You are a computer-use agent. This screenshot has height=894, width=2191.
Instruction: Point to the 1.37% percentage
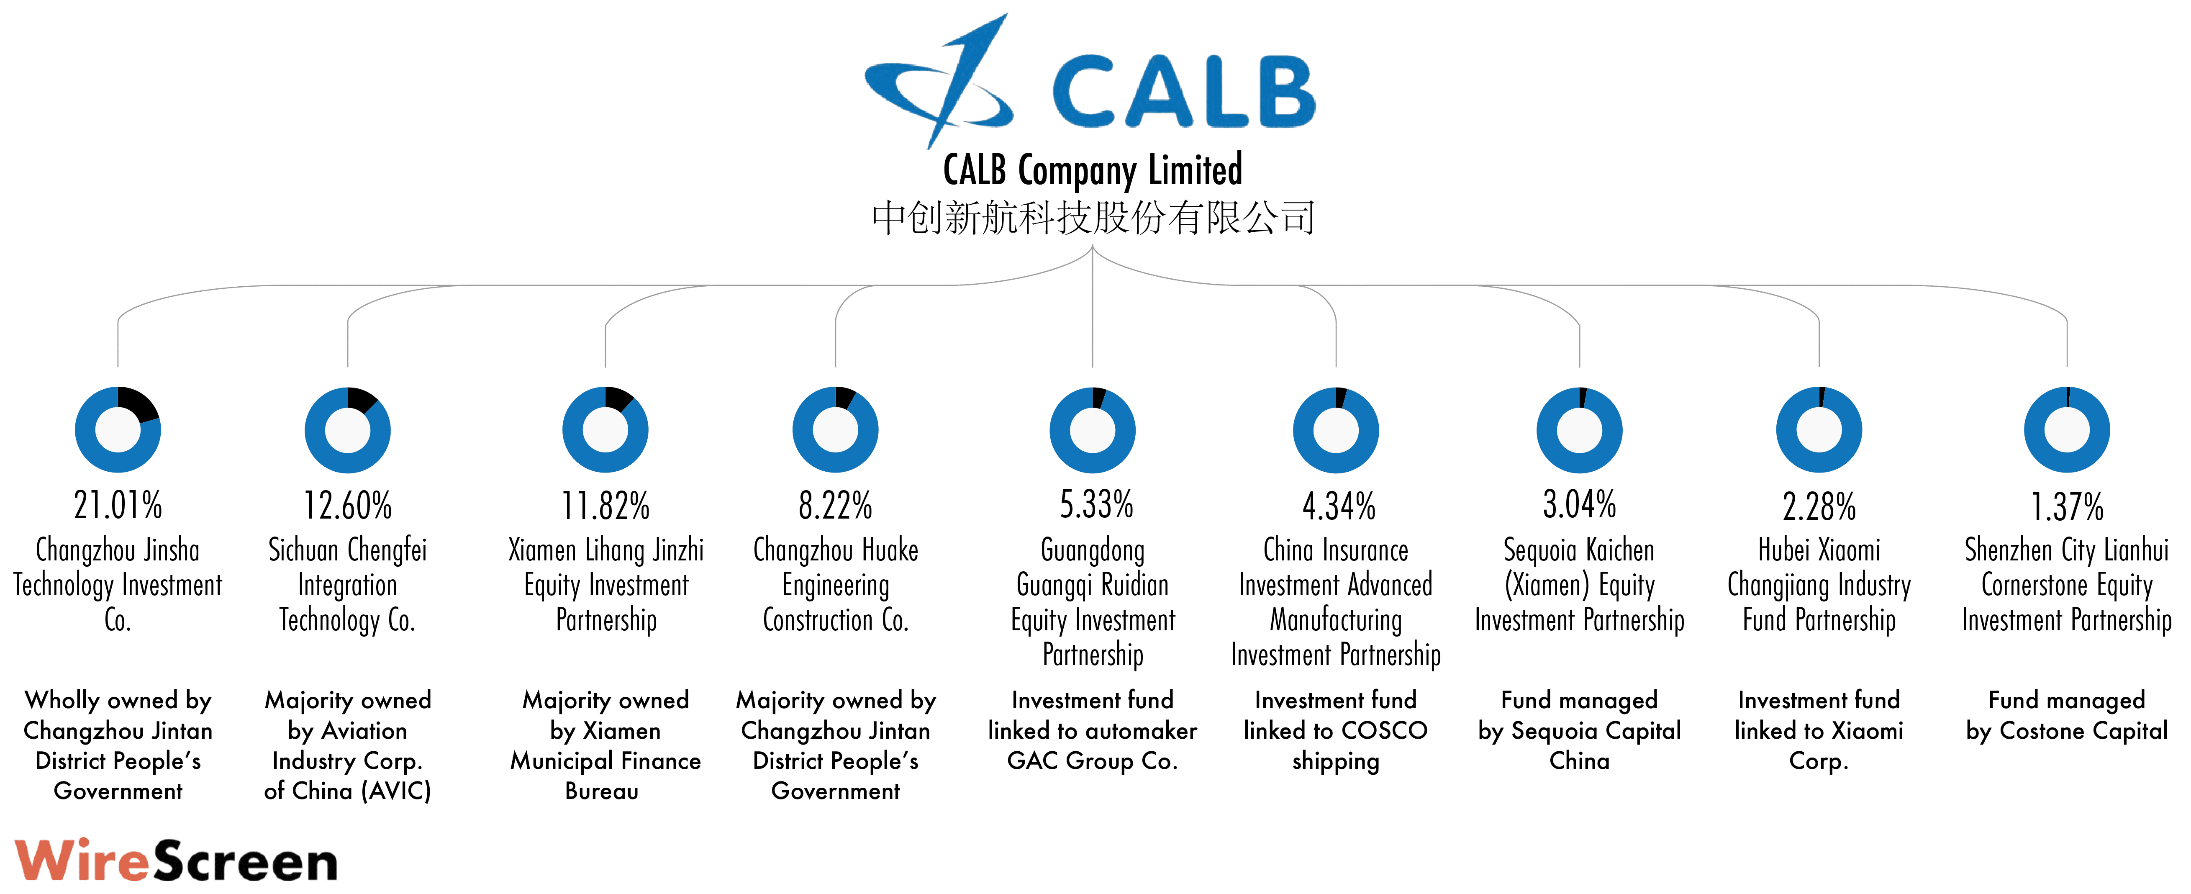2067,507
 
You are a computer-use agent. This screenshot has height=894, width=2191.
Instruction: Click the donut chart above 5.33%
1092,429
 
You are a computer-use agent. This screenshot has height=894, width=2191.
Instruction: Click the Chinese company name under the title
1093,218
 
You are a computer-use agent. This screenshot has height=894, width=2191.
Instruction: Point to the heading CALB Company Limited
1093,170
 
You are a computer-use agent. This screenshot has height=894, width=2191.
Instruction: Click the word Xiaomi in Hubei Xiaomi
1848,550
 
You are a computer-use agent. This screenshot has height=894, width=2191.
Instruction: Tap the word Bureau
602,791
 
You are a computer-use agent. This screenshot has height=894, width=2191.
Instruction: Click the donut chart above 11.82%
605,429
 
